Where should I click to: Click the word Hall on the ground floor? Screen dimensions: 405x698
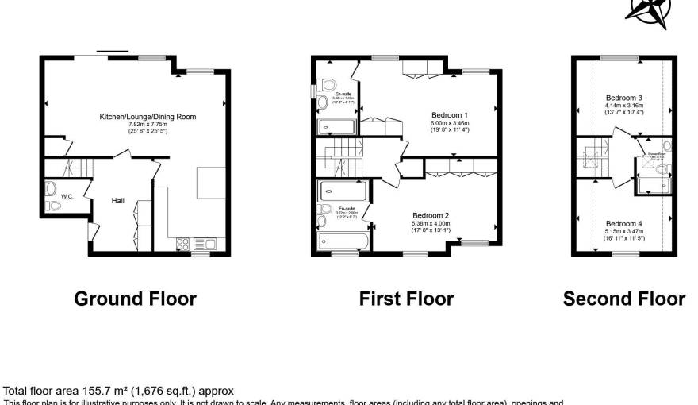pos(117,201)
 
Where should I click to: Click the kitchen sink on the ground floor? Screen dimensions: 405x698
pos(204,243)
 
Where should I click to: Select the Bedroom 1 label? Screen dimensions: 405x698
pos(450,115)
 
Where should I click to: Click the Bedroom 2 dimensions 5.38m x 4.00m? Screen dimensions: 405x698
pos(431,224)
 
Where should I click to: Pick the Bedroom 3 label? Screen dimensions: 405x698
pos(623,98)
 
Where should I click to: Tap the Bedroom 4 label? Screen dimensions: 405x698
pos(623,224)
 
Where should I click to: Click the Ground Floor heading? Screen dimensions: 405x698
pos(135,299)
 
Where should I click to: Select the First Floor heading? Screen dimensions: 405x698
pos(406,299)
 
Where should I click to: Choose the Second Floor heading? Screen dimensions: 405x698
pos(623,299)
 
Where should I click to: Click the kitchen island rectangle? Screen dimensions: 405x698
pos(212,183)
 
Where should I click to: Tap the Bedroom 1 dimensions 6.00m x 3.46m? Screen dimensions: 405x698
pos(450,124)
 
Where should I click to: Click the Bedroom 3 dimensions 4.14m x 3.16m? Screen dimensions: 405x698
pos(623,106)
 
